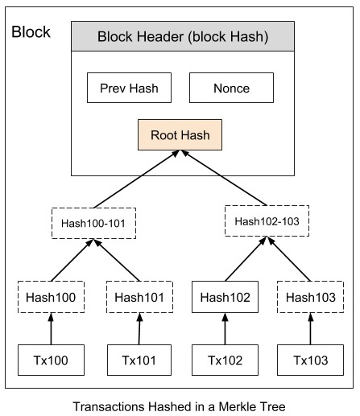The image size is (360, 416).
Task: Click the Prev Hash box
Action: pos(128,89)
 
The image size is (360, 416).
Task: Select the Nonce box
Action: pos(230,89)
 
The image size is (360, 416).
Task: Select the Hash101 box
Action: pos(139,297)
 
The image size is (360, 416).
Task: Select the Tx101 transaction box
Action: pos(139,359)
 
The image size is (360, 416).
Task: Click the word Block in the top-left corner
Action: pos(31,32)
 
